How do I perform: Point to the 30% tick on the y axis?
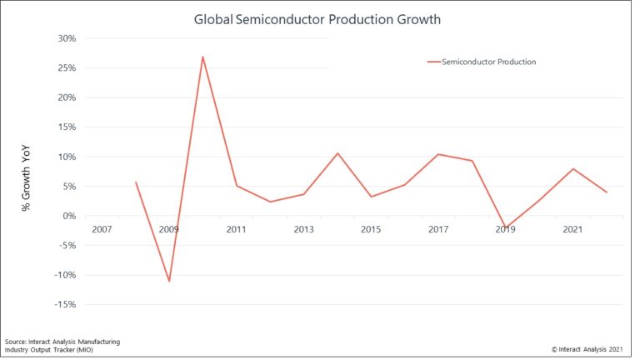tap(66, 38)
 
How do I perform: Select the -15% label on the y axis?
tap(64, 305)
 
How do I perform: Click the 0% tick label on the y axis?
tap(69, 216)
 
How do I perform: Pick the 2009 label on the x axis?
tap(169, 228)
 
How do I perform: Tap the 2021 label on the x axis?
tap(572, 228)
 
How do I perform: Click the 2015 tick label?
tap(371, 228)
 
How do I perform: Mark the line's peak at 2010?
tap(202, 57)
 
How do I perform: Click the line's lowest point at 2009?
tap(169, 281)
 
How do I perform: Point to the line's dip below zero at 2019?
tap(505, 227)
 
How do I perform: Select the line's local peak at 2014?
tap(337, 153)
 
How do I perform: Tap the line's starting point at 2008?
tap(135, 182)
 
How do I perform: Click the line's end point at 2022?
tap(607, 192)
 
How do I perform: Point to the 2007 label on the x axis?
tap(102, 228)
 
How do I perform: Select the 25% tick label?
tap(66, 68)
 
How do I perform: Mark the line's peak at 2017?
tap(438, 154)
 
